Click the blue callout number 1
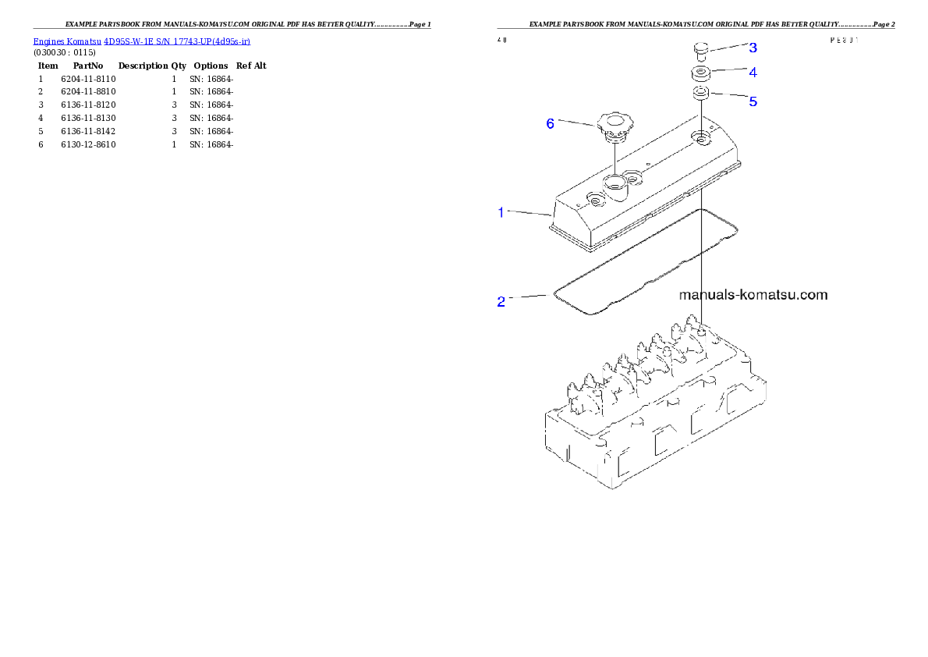click(x=501, y=211)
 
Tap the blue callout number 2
click(x=501, y=301)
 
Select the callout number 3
click(x=753, y=48)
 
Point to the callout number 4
click(x=753, y=73)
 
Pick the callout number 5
click(x=753, y=101)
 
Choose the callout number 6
click(x=551, y=123)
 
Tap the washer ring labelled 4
click(x=701, y=75)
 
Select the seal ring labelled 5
click(x=701, y=94)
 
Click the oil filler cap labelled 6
click(x=614, y=126)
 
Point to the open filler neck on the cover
click(x=615, y=186)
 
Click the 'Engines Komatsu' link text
click(x=67, y=41)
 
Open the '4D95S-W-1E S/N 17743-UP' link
click(x=176, y=41)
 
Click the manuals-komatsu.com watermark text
click(x=753, y=295)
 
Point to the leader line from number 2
click(x=530, y=297)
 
